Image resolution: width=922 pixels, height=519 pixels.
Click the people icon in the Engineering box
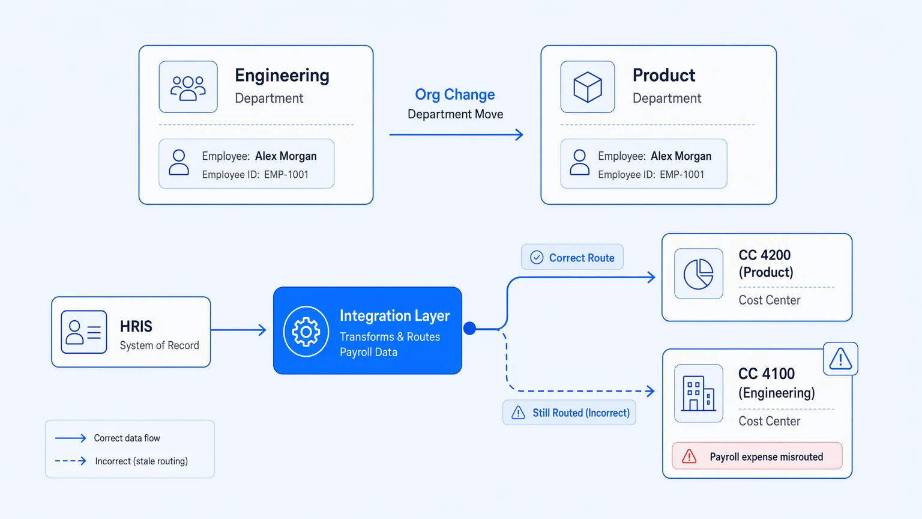[x=188, y=88]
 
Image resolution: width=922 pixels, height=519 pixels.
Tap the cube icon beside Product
[x=588, y=87]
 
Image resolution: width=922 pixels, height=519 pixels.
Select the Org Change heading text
[x=455, y=95]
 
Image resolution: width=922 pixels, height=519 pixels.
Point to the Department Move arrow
[x=456, y=135]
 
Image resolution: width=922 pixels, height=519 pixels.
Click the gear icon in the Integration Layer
[x=306, y=331]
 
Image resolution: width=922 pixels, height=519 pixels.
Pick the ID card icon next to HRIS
[x=84, y=332]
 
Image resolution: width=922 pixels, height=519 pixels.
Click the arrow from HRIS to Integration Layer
[x=238, y=330]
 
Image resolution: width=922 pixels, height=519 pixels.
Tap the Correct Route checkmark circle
[x=536, y=258]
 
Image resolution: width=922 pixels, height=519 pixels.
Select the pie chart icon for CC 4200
[x=699, y=274]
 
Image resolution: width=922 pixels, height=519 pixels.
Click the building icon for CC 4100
[x=699, y=393]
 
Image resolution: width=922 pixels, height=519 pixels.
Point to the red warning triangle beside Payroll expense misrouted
[x=689, y=457]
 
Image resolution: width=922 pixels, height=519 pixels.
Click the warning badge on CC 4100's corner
[x=840, y=359]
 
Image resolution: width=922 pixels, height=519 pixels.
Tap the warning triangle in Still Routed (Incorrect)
[x=518, y=412]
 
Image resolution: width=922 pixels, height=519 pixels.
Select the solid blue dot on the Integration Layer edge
[x=469, y=329]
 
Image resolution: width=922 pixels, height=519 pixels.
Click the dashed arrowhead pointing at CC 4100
[x=650, y=391]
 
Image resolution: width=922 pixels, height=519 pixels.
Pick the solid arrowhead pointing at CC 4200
[x=651, y=277]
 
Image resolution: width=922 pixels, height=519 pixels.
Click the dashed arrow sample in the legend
[x=70, y=461]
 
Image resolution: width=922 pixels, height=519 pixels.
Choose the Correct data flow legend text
[x=127, y=438]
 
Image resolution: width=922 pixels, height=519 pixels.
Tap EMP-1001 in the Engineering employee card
[x=286, y=175]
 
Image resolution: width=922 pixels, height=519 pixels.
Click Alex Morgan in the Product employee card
[x=681, y=156]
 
